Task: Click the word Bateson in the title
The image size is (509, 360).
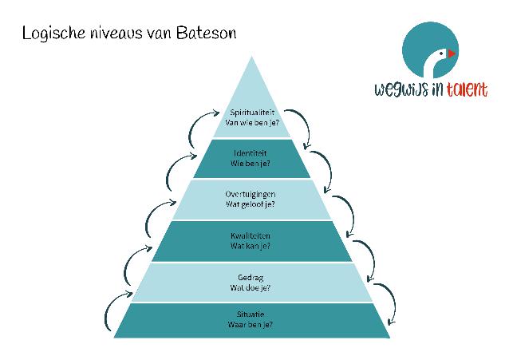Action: tap(206, 33)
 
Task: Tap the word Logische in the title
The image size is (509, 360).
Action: tap(53, 34)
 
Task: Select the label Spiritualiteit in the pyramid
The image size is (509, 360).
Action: tap(252, 113)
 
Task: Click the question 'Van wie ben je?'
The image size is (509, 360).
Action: tap(252, 123)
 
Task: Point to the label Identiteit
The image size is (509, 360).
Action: tap(251, 152)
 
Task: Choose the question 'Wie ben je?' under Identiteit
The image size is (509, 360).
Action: tap(251, 163)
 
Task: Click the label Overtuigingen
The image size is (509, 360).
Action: tap(251, 194)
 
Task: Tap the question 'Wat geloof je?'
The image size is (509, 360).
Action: tap(251, 204)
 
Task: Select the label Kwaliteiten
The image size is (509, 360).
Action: tap(251, 235)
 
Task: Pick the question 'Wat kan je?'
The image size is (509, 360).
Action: tap(251, 246)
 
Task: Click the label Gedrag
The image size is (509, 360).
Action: tap(251, 278)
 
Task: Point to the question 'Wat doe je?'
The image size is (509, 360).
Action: tap(251, 287)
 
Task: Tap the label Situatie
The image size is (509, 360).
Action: tap(251, 315)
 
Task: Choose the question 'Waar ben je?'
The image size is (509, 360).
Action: tap(251, 324)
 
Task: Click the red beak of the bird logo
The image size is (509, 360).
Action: tap(452, 53)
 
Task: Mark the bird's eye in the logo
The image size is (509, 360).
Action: tap(441, 53)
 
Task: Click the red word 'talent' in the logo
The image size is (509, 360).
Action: tap(467, 89)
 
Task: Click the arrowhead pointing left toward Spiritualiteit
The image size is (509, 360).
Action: tap(216, 113)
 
